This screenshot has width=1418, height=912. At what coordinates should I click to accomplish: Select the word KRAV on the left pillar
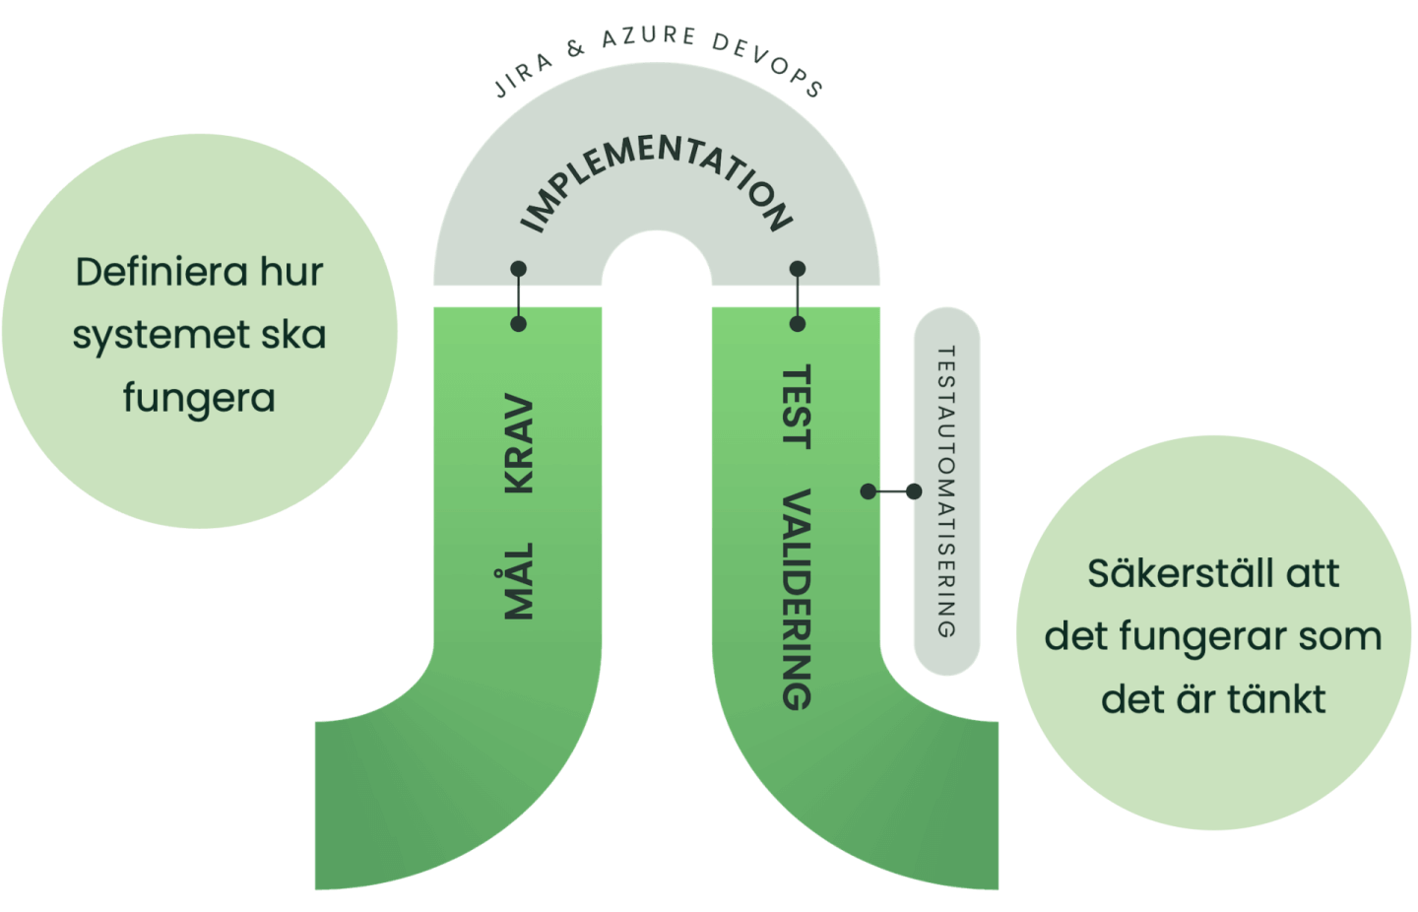tap(519, 445)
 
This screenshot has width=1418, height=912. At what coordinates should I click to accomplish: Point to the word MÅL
tap(519, 581)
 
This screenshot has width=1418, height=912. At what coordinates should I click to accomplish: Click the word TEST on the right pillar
tap(796, 407)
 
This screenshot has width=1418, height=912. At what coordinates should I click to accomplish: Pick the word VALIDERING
tap(796, 599)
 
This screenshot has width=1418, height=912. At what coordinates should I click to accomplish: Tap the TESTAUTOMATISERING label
tap(946, 491)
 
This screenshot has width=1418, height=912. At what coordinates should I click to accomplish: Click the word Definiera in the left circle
tap(147, 272)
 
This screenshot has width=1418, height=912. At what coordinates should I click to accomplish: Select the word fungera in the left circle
tap(199, 399)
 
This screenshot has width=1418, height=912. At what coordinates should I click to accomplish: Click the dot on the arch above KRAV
tap(519, 269)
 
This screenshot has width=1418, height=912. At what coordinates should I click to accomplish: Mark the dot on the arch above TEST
tap(798, 269)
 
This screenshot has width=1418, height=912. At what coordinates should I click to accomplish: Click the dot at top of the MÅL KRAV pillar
tap(519, 323)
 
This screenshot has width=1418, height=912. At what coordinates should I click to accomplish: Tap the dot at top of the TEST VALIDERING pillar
tap(798, 323)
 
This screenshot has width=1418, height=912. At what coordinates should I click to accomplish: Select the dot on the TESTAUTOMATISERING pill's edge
tap(914, 491)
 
